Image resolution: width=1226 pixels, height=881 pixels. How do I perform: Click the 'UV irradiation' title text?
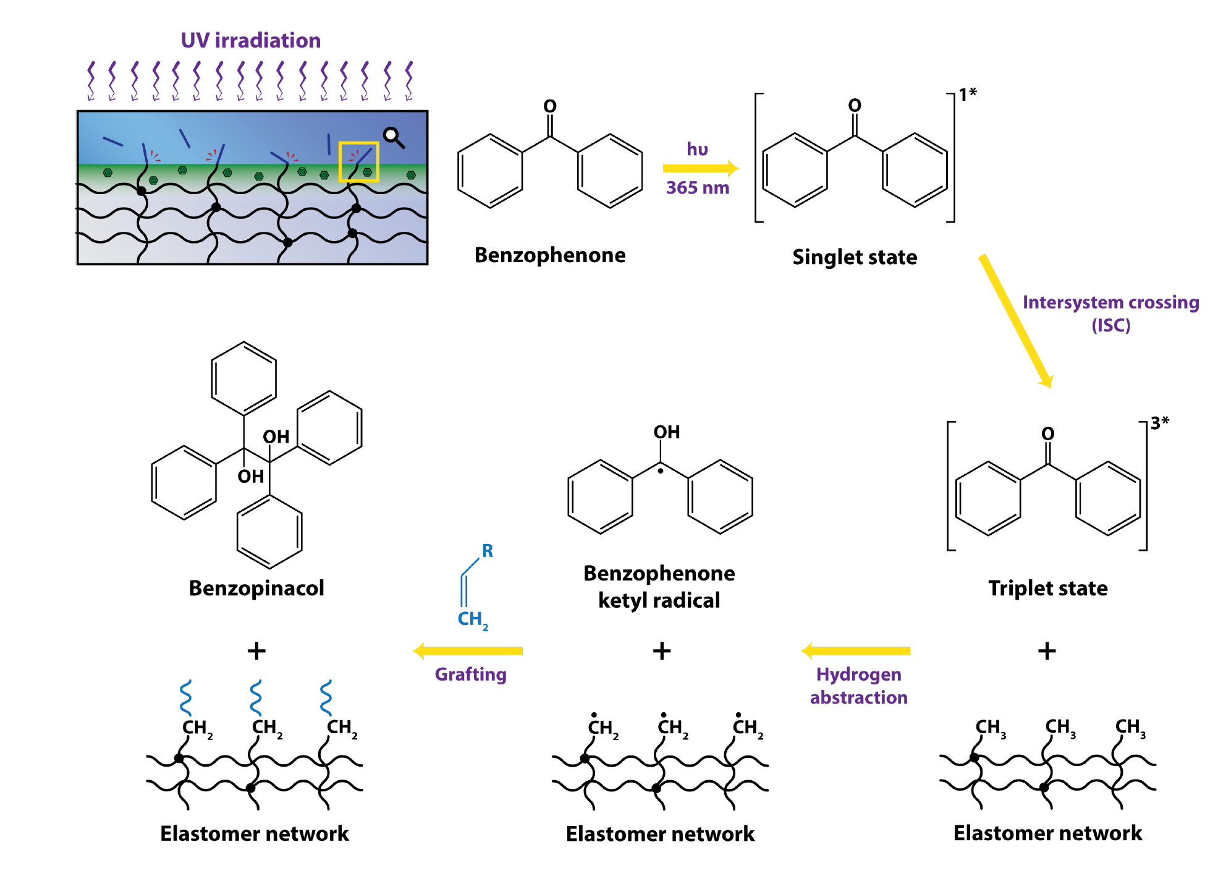[x=250, y=41]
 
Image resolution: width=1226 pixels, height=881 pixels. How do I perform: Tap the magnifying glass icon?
[x=393, y=137]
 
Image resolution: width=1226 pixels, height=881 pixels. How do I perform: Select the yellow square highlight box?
[x=358, y=162]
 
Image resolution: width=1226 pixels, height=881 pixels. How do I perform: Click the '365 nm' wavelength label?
[x=697, y=188]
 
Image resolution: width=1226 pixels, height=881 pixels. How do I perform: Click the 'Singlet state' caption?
[x=854, y=257]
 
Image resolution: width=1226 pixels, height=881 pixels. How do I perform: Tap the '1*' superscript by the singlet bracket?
[x=967, y=94]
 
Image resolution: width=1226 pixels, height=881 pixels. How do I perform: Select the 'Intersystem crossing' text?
[x=1110, y=302]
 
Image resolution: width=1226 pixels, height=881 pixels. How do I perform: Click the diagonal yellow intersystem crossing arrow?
[x=1015, y=321]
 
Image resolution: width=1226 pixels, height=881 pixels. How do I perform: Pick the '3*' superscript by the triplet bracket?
[x=1159, y=423]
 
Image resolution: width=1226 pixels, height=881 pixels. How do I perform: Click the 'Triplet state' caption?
[x=1047, y=588]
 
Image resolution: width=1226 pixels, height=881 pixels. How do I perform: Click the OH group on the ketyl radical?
[x=667, y=432]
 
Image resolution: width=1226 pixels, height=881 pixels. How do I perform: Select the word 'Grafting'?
[x=470, y=675]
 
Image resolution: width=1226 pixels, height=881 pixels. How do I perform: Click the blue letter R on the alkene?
[x=488, y=551]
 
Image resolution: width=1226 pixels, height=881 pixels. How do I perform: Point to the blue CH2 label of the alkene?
[x=473, y=619]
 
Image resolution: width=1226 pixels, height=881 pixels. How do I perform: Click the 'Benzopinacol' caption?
[x=256, y=588]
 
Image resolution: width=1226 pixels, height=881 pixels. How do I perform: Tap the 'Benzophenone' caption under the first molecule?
[x=550, y=255]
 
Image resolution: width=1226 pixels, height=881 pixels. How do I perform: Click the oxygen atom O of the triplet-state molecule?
[x=1047, y=434]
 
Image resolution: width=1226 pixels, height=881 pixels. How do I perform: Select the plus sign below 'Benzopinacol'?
[x=256, y=651]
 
